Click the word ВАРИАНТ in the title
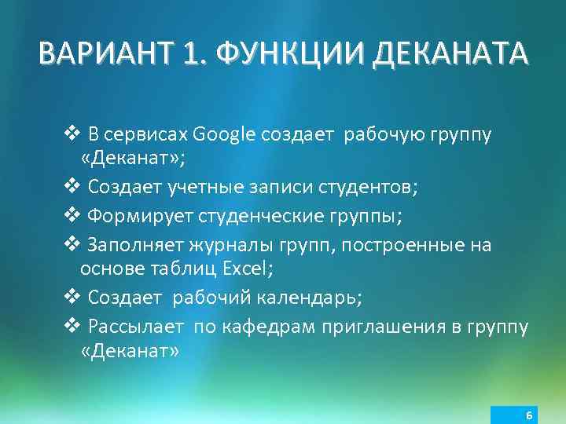tap(108, 55)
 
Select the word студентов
tap(368, 188)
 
